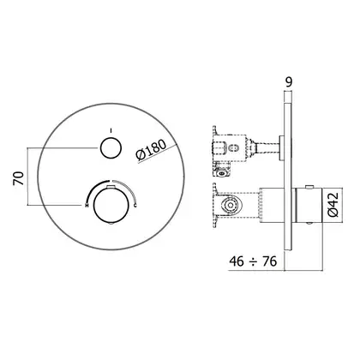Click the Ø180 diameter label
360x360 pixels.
[x=151, y=150]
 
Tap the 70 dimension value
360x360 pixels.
[x=18, y=178]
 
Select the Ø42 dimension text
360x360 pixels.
[x=333, y=205]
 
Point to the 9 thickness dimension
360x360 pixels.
[x=289, y=82]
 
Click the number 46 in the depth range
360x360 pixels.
[x=237, y=261]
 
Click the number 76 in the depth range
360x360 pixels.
[x=270, y=261]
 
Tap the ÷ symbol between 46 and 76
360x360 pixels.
[x=253, y=261]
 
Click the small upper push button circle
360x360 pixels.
[x=111, y=147]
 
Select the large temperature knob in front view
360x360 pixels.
[x=110, y=205]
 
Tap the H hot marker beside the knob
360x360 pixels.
[x=86, y=205]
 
